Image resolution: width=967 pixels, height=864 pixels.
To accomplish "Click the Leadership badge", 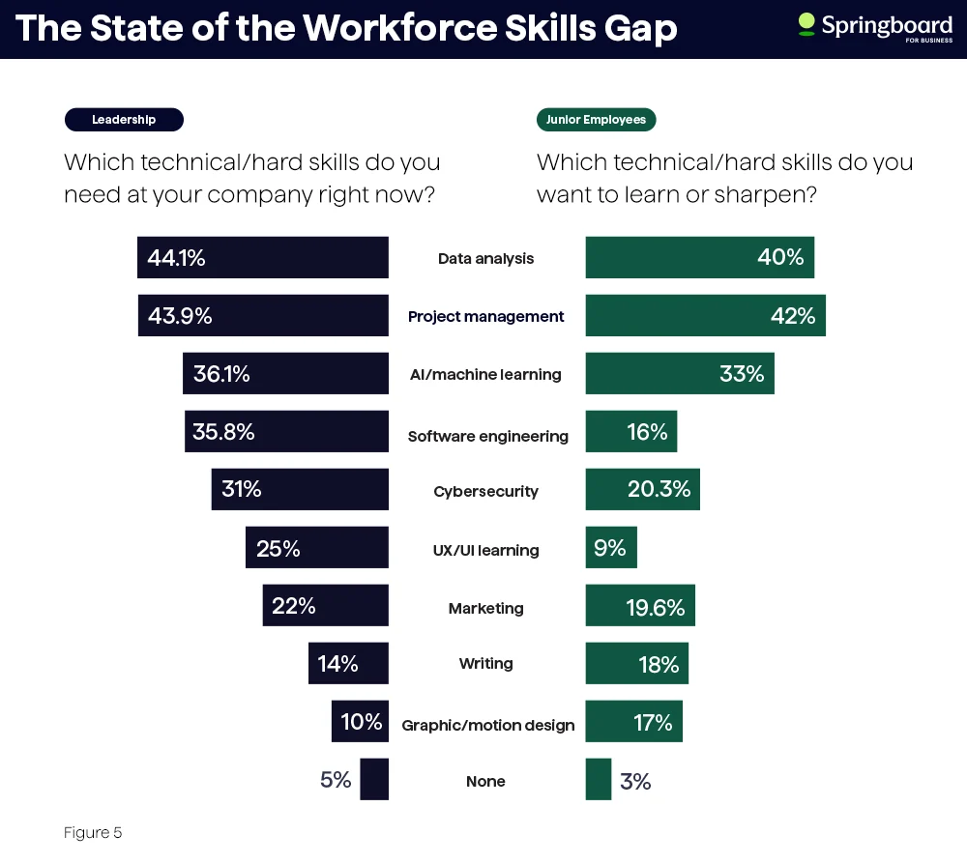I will tap(124, 120).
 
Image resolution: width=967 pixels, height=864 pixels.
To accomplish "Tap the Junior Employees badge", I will tap(596, 120).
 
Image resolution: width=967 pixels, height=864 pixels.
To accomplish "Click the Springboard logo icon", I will tap(806, 25).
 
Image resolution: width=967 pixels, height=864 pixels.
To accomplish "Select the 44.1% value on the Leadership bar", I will tap(176, 258).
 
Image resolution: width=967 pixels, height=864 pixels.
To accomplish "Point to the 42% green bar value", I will tap(793, 316).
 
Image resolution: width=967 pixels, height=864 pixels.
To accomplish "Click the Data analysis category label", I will tap(485, 259).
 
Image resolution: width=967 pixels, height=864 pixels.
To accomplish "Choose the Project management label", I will tap(485, 317).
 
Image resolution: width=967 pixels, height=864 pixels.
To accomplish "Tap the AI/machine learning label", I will tap(485, 375).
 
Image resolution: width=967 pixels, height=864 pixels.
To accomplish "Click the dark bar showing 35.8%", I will tap(286, 432).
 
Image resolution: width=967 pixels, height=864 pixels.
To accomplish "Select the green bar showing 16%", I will tap(630, 432).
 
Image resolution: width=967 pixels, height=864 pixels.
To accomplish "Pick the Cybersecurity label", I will tap(485, 492).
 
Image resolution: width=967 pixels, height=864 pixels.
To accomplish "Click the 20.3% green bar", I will tap(642, 490).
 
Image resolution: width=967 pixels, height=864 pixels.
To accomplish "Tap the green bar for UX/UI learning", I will tap(611, 548).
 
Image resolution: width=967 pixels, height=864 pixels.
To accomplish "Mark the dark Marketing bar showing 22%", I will tap(325, 606).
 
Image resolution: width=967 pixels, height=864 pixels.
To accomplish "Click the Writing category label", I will tap(485, 664).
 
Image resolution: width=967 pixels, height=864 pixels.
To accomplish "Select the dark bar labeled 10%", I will tap(360, 722).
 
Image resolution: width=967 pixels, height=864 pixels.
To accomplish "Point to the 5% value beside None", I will tap(336, 780).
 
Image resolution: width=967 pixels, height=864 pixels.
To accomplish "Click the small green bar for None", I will tap(599, 780).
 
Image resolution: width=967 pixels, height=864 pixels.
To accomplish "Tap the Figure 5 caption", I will tap(93, 833).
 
